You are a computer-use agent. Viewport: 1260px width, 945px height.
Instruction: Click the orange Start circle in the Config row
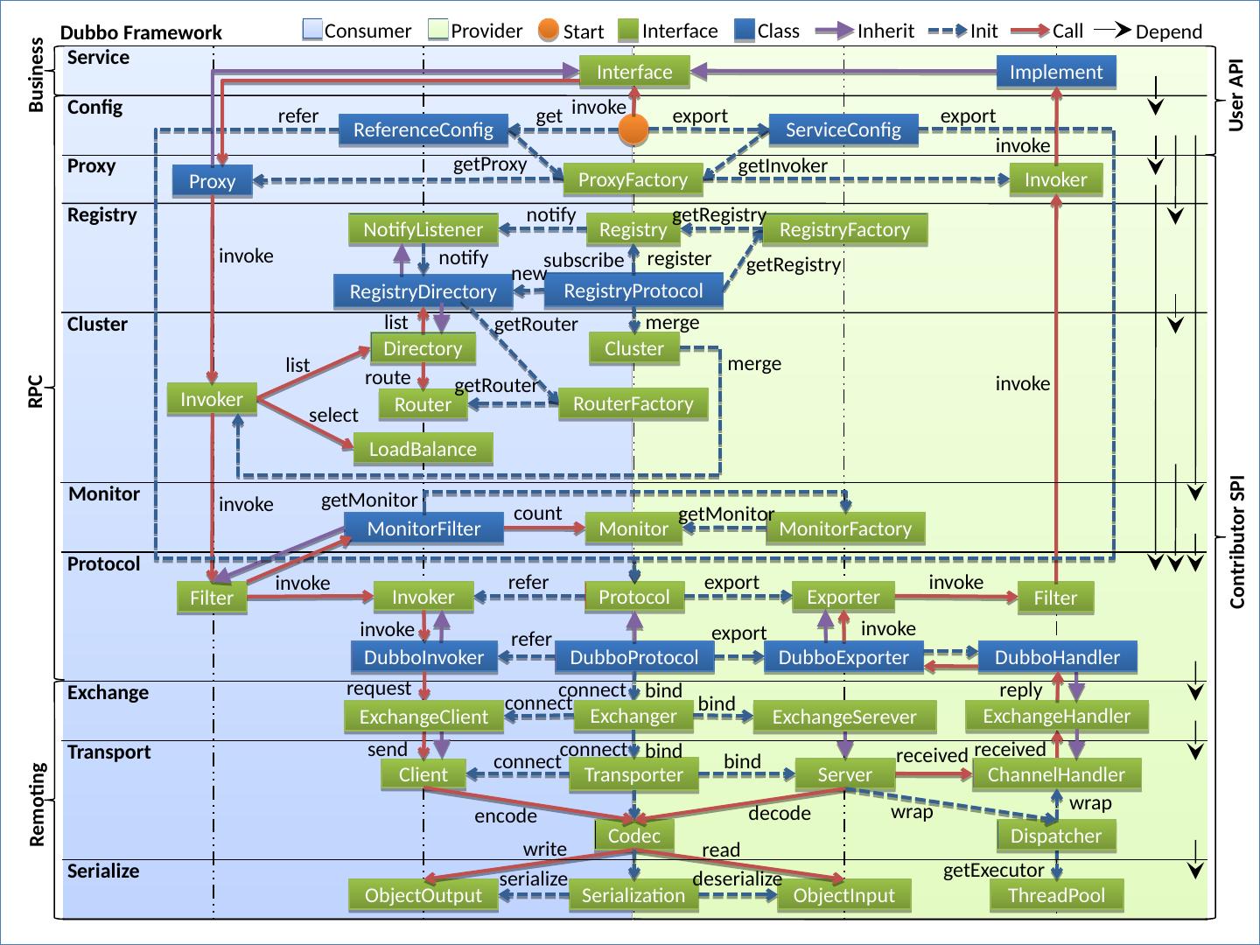tap(633, 129)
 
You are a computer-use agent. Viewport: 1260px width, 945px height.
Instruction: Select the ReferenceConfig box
tap(423, 129)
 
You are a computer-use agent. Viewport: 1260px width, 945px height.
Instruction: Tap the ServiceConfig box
tap(843, 129)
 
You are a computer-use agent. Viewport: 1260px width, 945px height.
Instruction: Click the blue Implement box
tap(1055, 72)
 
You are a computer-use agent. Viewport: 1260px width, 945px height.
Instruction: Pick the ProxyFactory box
tap(633, 179)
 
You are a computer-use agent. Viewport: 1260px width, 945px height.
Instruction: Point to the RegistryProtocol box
tap(633, 290)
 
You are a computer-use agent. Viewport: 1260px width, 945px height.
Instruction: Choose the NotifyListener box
tap(423, 229)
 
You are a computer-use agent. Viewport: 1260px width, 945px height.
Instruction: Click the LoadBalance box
tap(423, 449)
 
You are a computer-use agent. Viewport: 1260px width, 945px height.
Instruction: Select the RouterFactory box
tap(633, 404)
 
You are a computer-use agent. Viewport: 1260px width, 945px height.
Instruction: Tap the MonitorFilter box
tap(423, 528)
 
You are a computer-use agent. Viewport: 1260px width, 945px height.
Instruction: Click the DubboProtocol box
tap(634, 657)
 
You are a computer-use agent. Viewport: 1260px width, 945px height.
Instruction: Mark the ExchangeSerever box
tap(843, 717)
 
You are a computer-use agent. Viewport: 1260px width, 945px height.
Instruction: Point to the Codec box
tap(633, 836)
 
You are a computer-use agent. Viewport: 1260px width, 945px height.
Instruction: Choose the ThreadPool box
tap(1056, 895)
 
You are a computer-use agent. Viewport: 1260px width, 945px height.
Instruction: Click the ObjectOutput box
tap(423, 895)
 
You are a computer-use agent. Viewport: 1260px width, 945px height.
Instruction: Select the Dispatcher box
tap(1056, 836)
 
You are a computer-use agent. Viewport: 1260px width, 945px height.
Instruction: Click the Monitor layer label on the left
tap(104, 494)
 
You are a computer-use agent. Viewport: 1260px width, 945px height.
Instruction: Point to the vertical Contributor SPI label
tap(1237, 542)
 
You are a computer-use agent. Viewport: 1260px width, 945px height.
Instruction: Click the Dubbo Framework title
tap(141, 32)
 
